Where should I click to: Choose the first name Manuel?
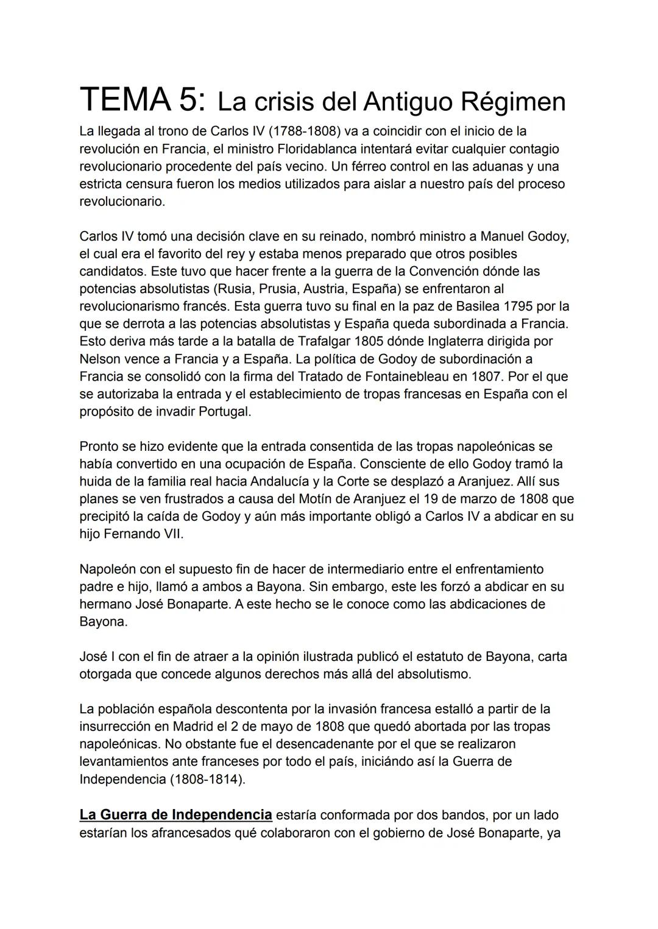(x=502, y=236)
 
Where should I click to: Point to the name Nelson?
(x=99, y=359)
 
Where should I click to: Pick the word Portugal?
(x=224, y=411)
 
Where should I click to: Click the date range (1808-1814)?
(x=207, y=779)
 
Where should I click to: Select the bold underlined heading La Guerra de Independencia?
(x=175, y=814)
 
